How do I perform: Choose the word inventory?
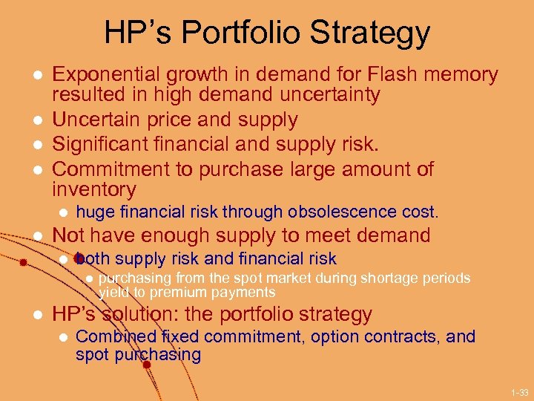pyautogui.click(x=94, y=189)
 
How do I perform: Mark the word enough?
pyautogui.click(x=193, y=235)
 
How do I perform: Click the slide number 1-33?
pyautogui.click(x=519, y=391)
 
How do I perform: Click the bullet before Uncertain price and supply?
pyautogui.click(x=36, y=120)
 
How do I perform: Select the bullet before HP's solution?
pyautogui.click(x=36, y=315)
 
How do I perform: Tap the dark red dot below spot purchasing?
pyautogui.click(x=147, y=365)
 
